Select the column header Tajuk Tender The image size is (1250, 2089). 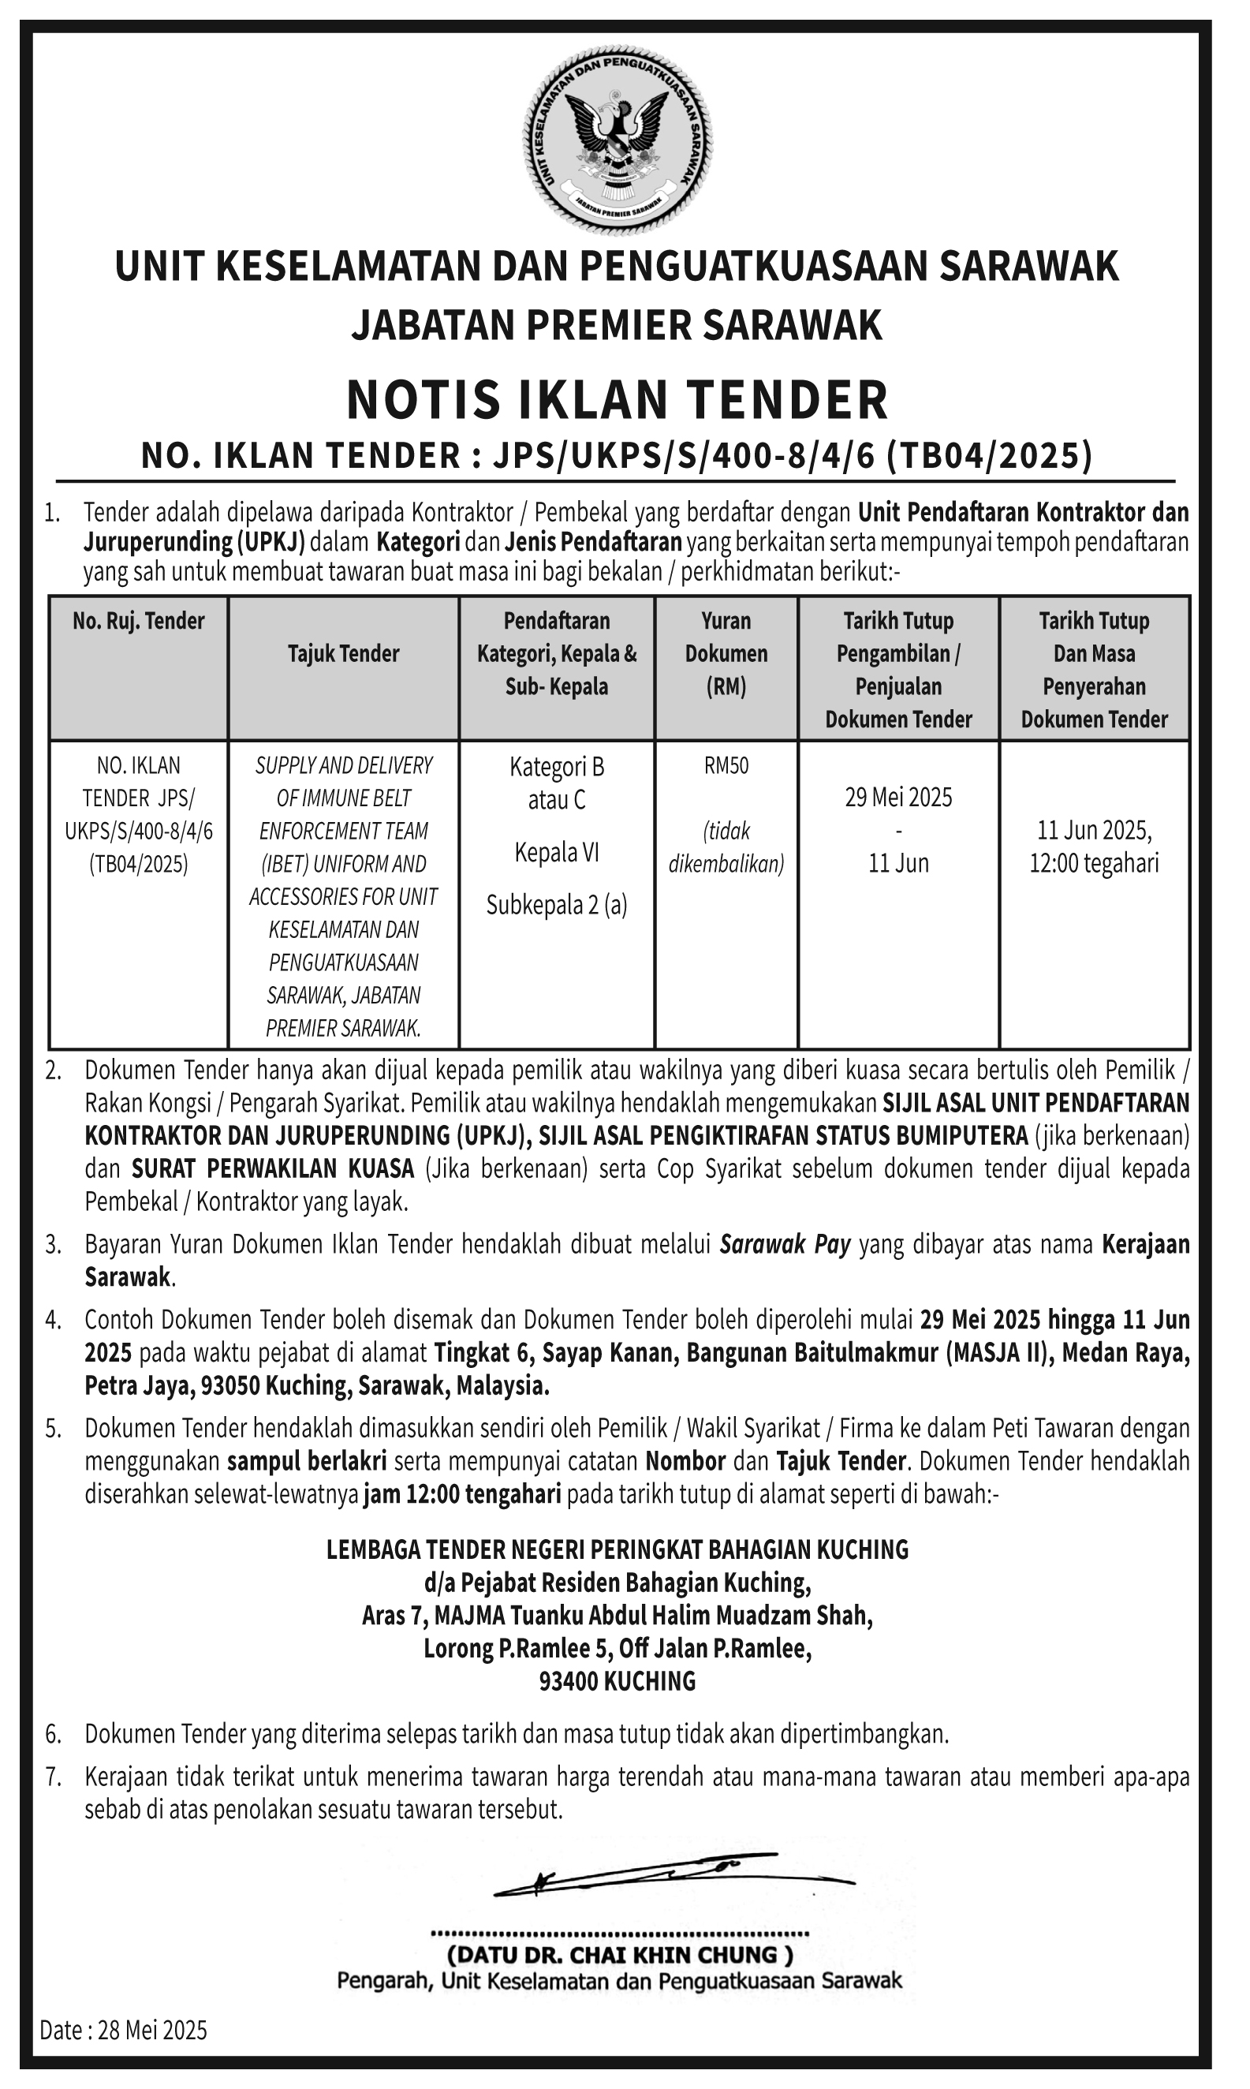click(x=344, y=654)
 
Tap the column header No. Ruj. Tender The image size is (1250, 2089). click(x=139, y=621)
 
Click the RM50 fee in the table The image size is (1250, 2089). click(x=726, y=766)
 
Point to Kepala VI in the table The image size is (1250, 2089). click(x=557, y=854)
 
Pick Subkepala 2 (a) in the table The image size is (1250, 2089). click(x=557, y=906)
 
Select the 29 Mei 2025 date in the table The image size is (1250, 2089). click(x=899, y=797)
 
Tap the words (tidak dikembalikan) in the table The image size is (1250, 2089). click(x=726, y=847)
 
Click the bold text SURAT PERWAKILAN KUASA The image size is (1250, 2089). click(x=273, y=1169)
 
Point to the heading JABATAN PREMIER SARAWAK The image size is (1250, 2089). click(x=618, y=325)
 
